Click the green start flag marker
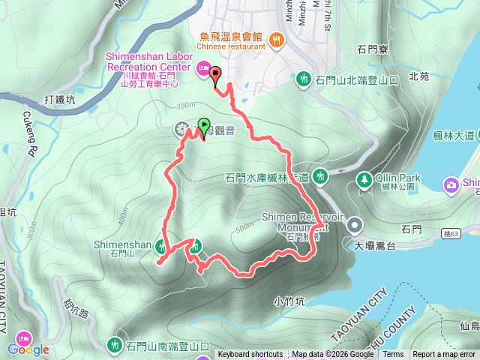(203, 125)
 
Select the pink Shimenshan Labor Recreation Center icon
(202, 69)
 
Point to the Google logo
(28, 349)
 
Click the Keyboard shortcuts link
(250, 355)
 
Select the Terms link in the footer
(393, 355)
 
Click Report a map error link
(444, 355)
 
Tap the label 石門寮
(372, 51)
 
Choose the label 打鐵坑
(60, 99)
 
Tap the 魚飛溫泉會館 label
(230, 36)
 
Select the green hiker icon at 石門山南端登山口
(115, 345)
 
